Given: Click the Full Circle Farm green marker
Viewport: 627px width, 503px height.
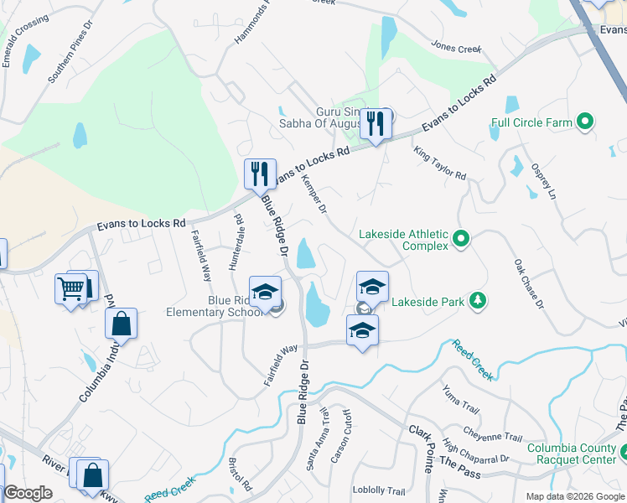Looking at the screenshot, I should [x=586, y=122].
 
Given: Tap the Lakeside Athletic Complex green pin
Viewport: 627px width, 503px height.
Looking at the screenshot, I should [x=460, y=240].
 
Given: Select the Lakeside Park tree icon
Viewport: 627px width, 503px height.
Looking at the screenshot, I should [x=477, y=300].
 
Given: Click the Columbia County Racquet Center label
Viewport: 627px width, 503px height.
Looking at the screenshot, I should [x=573, y=454].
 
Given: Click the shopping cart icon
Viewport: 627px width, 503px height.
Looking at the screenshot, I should [x=71, y=289].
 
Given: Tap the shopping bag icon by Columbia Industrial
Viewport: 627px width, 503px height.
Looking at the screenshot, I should [x=121, y=323].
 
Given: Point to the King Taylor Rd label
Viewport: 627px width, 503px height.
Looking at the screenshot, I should [x=440, y=162].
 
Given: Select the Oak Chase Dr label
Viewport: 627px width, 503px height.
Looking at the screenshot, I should [x=529, y=283].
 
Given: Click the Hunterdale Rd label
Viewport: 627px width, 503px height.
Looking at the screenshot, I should [x=236, y=242].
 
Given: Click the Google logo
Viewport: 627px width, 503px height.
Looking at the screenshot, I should [x=28, y=493].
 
